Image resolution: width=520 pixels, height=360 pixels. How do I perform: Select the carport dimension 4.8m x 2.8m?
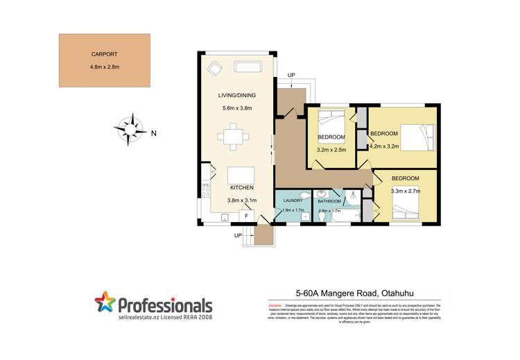[105, 67]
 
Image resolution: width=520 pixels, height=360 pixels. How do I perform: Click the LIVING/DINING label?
[234, 96]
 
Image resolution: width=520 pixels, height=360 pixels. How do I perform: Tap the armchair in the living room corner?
[214, 68]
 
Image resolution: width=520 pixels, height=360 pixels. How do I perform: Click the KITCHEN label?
[241, 188]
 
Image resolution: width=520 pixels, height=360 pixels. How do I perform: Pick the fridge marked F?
[245, 216]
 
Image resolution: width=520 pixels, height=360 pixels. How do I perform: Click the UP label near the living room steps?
[291, 75]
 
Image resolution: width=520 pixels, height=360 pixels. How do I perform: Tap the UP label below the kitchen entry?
[239, 235]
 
